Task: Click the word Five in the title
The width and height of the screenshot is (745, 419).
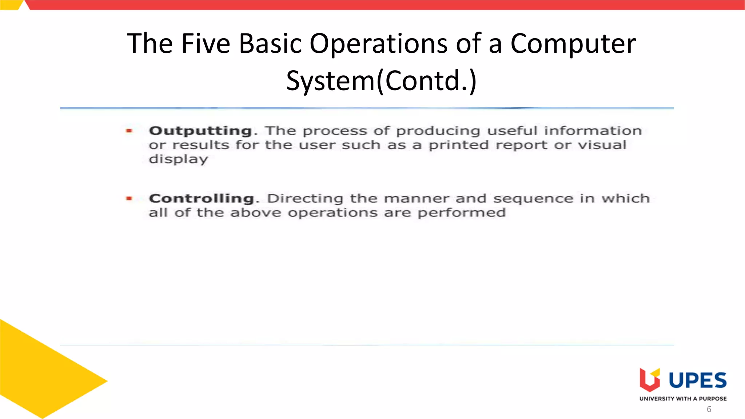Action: click(206, 44)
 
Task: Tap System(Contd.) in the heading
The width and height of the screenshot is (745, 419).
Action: click(381, 81)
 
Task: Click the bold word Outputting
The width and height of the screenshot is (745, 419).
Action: click(200, 131)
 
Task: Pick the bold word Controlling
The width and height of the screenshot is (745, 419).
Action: click(202, 199)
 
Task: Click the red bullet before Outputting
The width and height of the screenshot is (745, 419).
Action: click(129, 131)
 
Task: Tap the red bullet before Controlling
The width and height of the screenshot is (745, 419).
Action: click(129, 199)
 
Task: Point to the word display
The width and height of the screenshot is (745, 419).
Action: click(178, 159)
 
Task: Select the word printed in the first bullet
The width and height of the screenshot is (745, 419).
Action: click(459, 145)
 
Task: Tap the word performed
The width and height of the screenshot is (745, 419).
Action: click(462, 213)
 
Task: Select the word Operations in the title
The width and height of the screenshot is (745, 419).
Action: click(379, 44)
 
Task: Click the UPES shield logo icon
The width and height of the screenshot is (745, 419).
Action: click(649, 380)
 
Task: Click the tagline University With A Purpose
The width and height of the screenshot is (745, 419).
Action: click(683, 399)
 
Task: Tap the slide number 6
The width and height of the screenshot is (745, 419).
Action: click(709, 409)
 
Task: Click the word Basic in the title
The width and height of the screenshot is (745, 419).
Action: click(270, 44)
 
